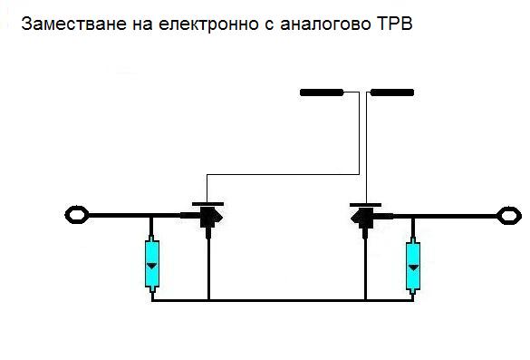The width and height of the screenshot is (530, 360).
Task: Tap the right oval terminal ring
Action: (x=507, y=216)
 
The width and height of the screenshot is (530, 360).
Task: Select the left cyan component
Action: (x=151, y=264)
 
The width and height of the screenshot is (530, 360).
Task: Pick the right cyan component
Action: (x=414, y=265)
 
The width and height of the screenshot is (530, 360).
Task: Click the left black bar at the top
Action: (x=322, y=92)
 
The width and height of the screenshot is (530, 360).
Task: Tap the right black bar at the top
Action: (x=392, y=92)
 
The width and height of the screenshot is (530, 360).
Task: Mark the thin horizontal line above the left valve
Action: (x=281, y=174)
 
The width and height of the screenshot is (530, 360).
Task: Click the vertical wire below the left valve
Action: (x=209, y=268)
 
